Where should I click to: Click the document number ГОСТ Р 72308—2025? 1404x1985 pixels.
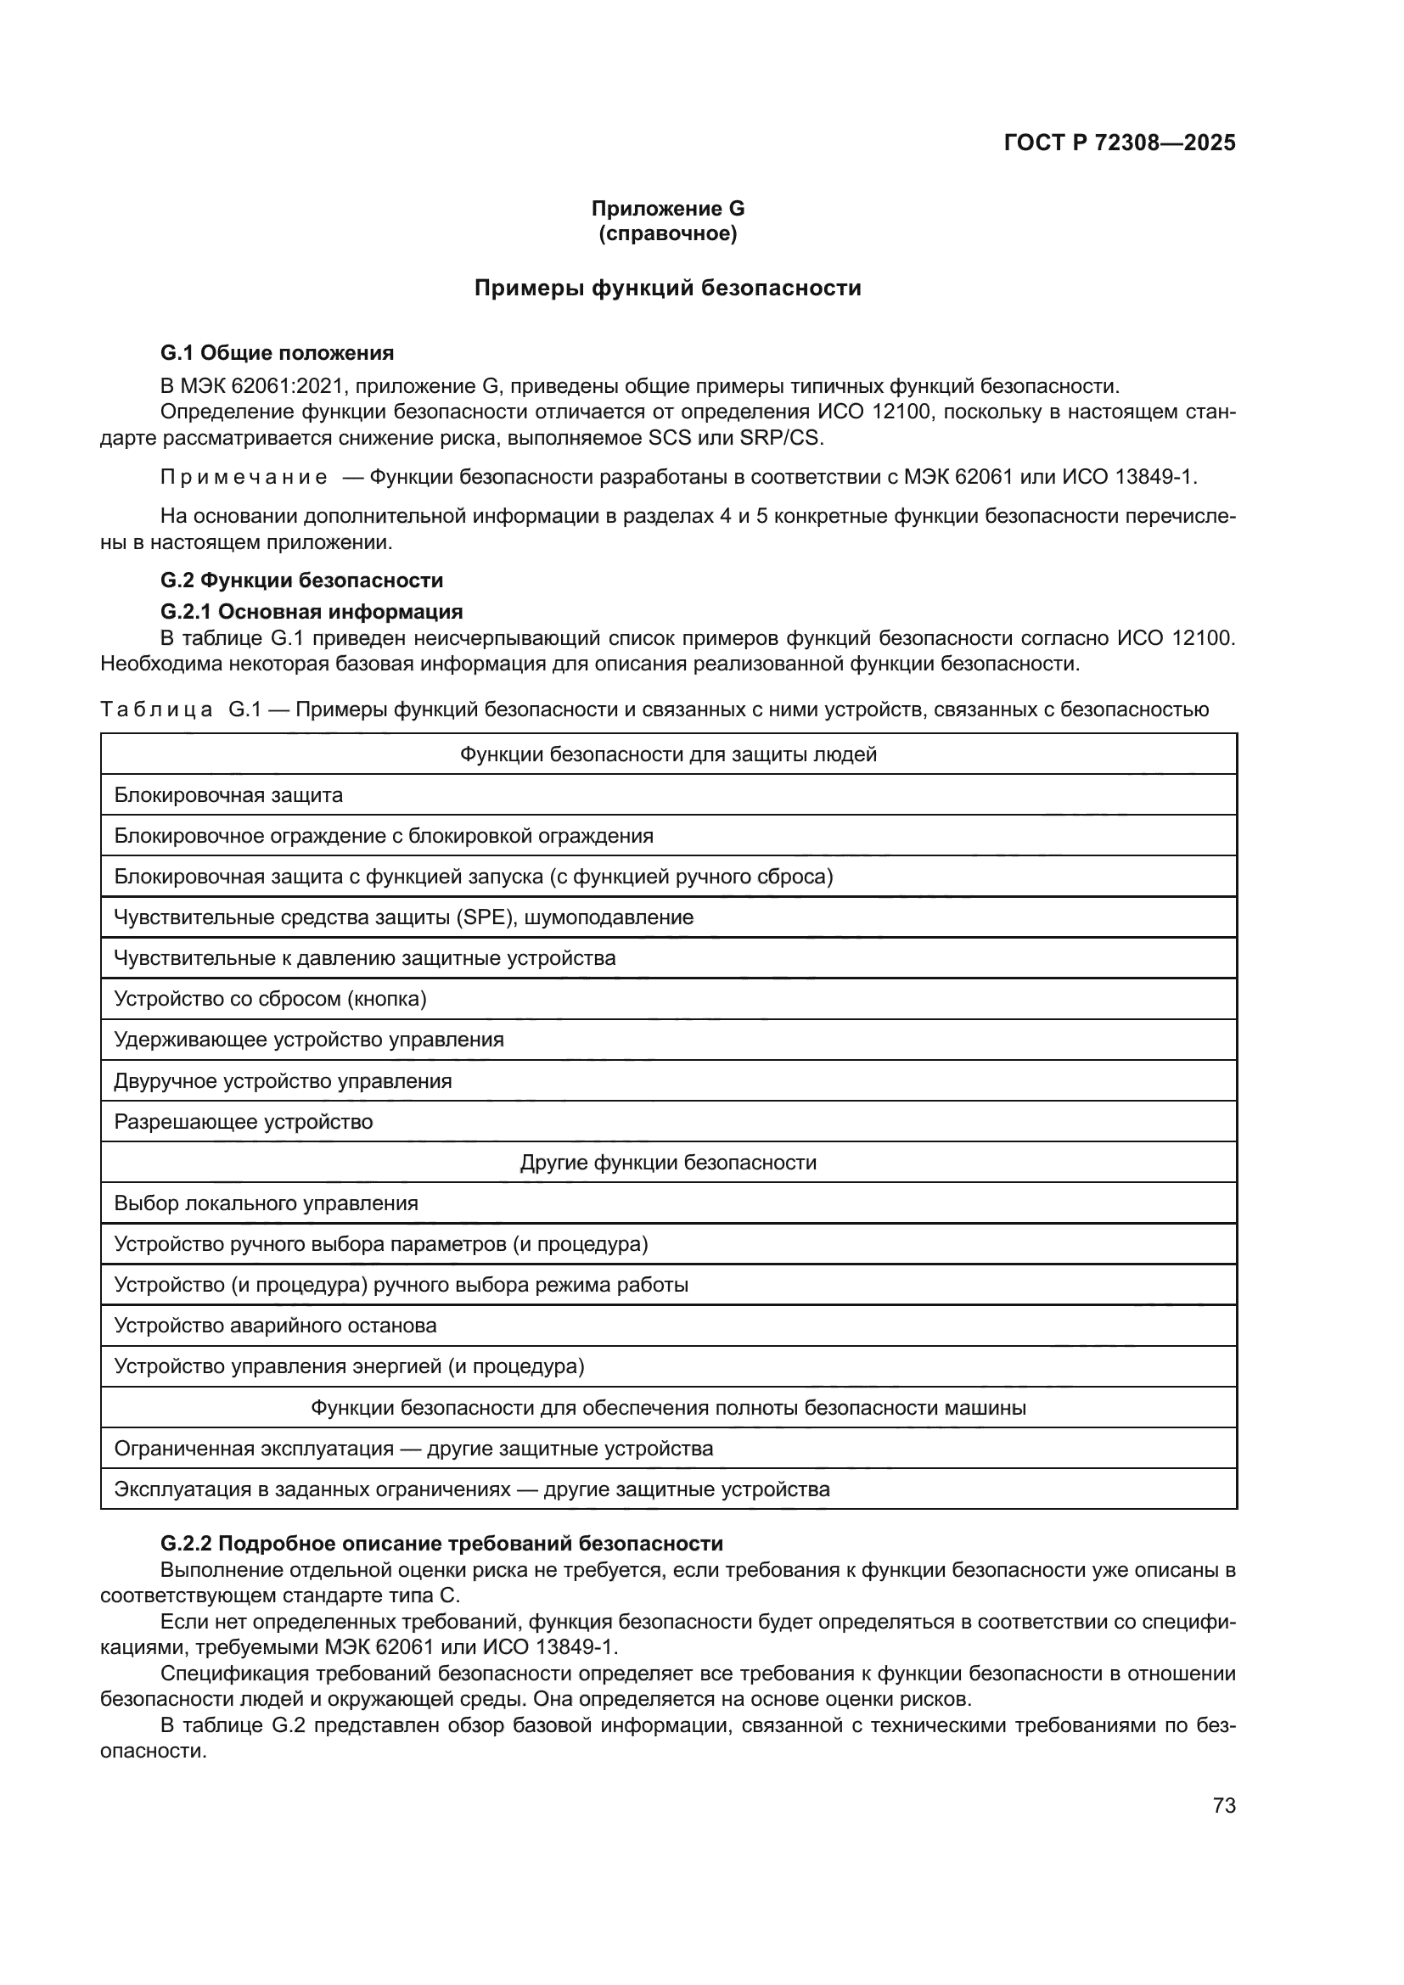tap(1120, 143)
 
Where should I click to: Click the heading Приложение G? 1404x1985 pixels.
tap(667, 209)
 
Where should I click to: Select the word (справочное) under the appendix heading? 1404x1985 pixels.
tap(667, 233)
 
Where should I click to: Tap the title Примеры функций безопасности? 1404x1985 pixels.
tap(667, 288)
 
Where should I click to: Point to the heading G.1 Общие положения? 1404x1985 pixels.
tap(277, 353)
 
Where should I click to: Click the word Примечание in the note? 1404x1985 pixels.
tap(244, 476)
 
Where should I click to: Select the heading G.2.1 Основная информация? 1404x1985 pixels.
tap(312, 611)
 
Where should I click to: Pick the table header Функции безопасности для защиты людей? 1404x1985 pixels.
tap(667, 754)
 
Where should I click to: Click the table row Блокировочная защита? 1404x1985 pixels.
tap(228, 794)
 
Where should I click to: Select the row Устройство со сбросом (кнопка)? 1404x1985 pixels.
tap(270, 999)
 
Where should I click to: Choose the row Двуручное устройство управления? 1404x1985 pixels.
tap(283, 1080)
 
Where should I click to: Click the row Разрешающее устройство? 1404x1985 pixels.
tap(243, 1121)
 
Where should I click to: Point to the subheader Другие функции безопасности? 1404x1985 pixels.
tap(667, 1162)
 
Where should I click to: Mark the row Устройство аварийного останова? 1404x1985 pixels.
tap(275, 1326)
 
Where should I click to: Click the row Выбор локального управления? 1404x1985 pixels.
tap(266, 1203)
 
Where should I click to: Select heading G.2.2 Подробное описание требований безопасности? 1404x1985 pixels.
tap(441, 1543)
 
